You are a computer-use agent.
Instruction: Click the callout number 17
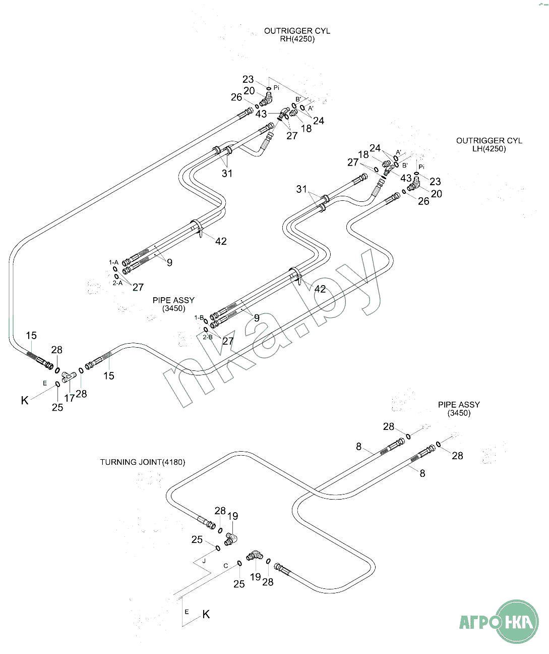(69, 398)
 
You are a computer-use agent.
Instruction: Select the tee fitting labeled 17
(69, 375)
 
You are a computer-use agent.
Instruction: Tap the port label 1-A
(113, 262)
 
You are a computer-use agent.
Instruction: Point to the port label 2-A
(117, 283)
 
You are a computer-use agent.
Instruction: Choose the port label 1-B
(199, 318)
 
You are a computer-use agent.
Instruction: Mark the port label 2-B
(207, 337)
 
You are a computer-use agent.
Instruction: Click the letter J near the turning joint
(204, 561)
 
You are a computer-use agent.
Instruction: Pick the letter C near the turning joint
(226, 566)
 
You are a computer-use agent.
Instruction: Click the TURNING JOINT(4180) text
(142, 462)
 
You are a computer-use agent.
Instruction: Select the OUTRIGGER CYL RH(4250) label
(297, 35)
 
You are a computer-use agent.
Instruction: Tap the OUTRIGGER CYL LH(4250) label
(489, 145)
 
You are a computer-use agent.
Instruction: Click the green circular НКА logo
(517, 621)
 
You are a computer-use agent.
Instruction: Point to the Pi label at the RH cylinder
(276, 88)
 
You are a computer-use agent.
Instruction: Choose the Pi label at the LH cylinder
(421, 167)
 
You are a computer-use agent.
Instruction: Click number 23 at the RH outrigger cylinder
(248, 79)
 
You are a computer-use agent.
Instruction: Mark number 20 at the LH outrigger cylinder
(437, 194)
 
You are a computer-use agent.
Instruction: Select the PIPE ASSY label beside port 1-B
(173, 304)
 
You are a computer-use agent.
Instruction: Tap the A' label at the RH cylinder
(311, 108)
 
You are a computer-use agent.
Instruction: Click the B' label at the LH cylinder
(405, 165)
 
